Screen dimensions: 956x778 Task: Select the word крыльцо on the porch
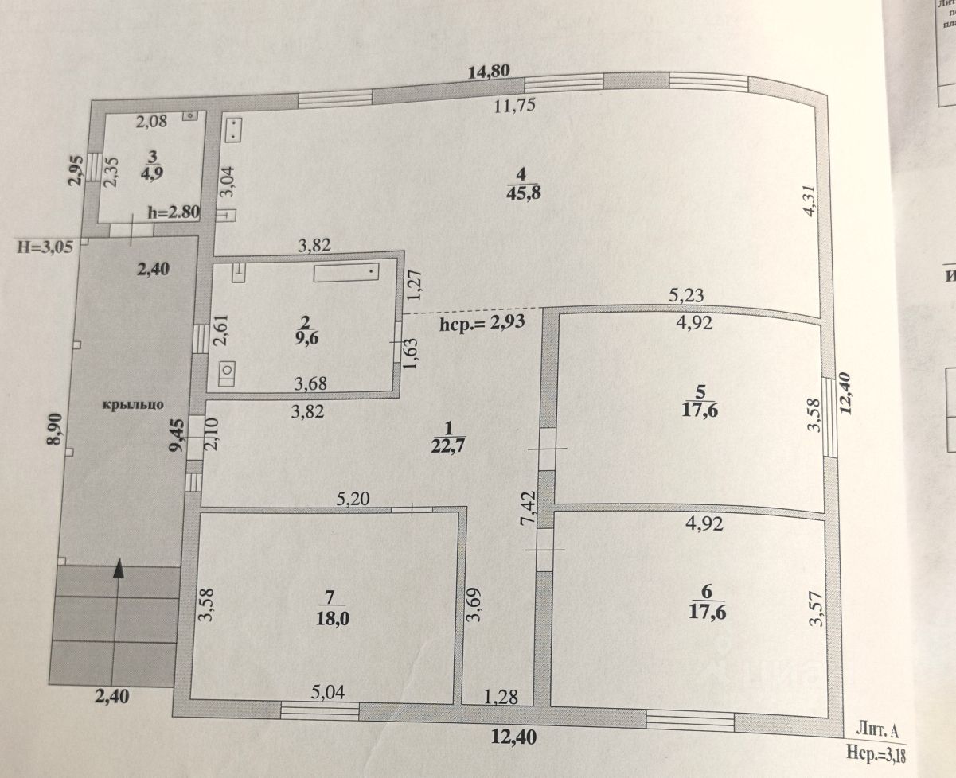click(x=132, y=404)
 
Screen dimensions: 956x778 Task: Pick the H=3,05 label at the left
click(x=45, y=246)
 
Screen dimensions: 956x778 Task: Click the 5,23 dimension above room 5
click(x=685, y=296)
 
